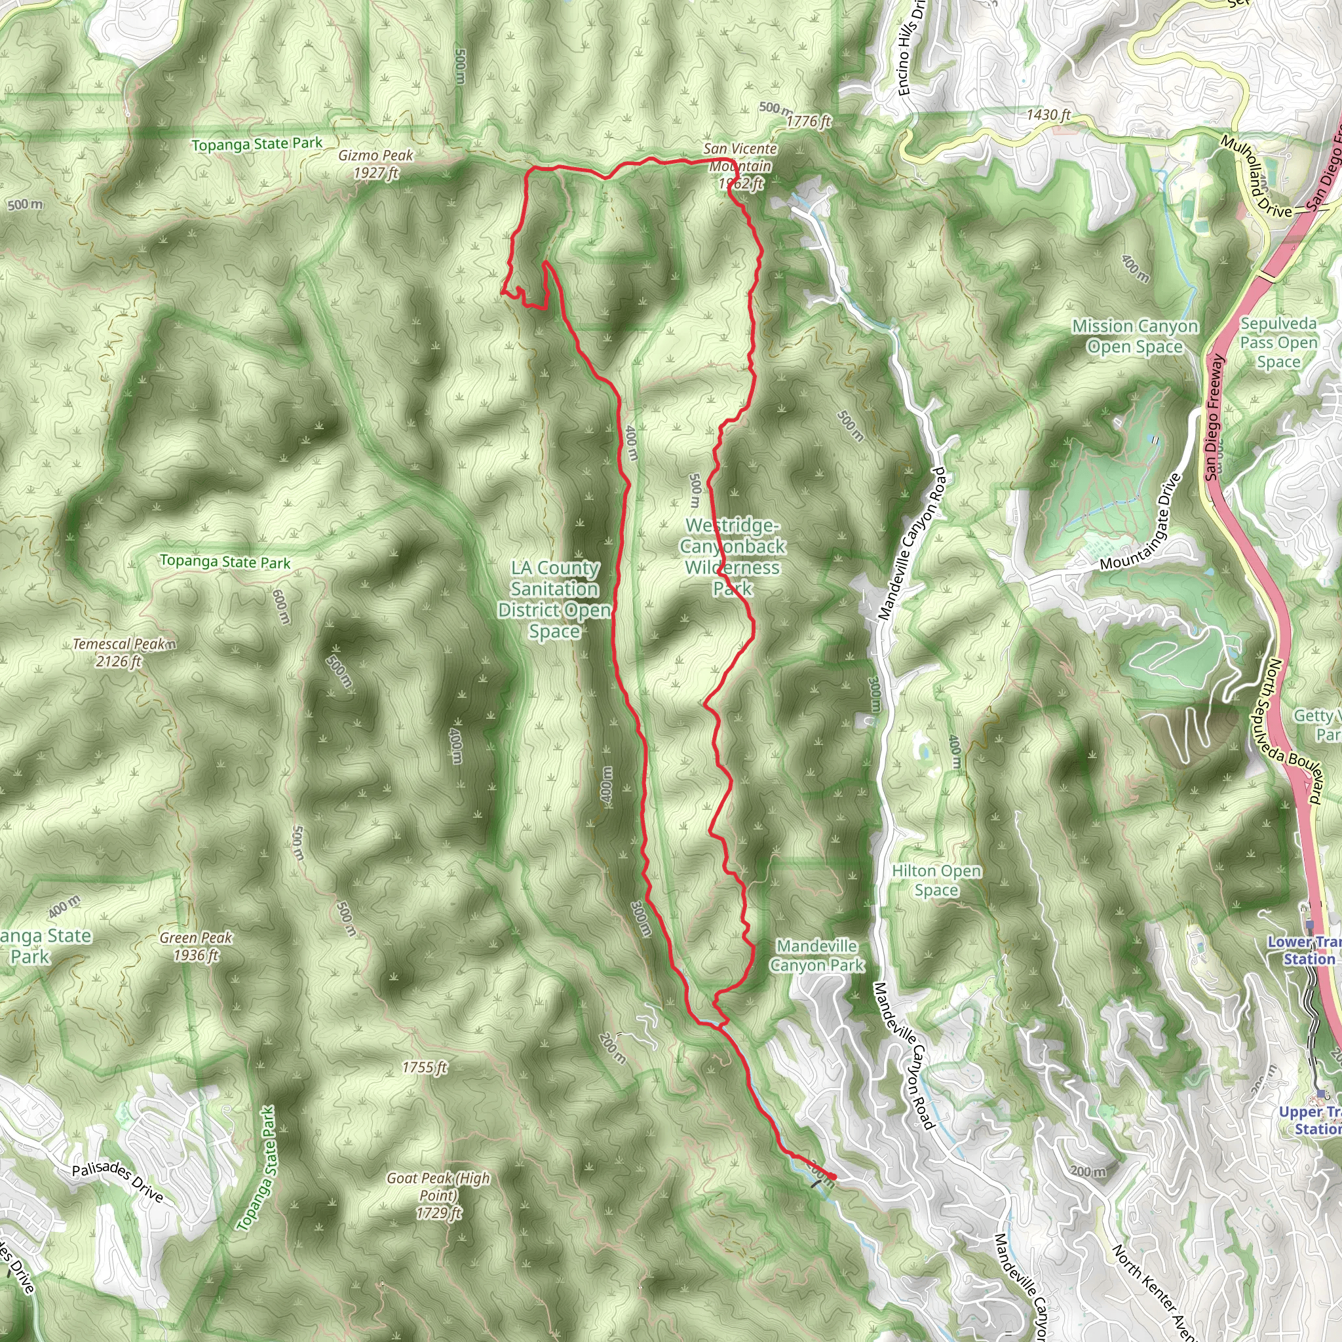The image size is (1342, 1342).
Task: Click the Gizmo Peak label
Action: coord(375,164)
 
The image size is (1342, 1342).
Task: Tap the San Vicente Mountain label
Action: coord(740,166)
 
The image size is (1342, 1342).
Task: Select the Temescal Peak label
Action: coord(123,652)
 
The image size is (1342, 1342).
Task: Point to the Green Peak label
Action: coord(196,946)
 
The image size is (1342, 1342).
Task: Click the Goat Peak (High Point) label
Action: coord(438,1195)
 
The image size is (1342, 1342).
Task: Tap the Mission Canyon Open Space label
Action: coord(1135,336)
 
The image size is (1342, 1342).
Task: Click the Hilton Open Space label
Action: coord(936,880)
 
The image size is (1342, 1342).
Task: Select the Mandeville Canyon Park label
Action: coord(817,955)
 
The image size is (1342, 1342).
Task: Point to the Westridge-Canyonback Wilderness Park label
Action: coord(733,556)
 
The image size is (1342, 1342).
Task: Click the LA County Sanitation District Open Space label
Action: coord(554,600)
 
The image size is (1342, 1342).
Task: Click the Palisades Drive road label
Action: coord(118,1181)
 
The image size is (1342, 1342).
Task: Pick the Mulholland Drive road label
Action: coord(1257,176)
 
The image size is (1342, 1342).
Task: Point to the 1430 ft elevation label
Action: coord(1048,115)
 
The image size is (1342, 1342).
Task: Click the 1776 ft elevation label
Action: coord(809,122)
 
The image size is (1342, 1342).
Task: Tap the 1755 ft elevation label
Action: coord(425,1067)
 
